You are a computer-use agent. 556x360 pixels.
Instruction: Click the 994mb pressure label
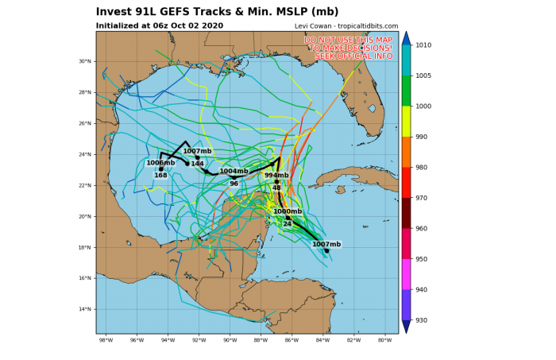coord(276,176)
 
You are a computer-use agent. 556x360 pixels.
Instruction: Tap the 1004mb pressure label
coord(234,171)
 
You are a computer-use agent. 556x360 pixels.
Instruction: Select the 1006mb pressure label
coord(160,163)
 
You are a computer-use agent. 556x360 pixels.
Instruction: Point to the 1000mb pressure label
coord(287,211)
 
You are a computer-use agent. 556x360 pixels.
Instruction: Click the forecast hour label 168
coord(160,176)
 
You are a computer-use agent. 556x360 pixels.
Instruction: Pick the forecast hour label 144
coord(198,164)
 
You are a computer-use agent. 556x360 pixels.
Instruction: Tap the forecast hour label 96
coord(234,184)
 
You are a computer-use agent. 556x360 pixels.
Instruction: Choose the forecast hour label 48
coord(276,188)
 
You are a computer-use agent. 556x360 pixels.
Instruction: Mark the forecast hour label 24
coord(287,224)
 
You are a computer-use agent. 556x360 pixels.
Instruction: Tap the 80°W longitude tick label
coord(384,341)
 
